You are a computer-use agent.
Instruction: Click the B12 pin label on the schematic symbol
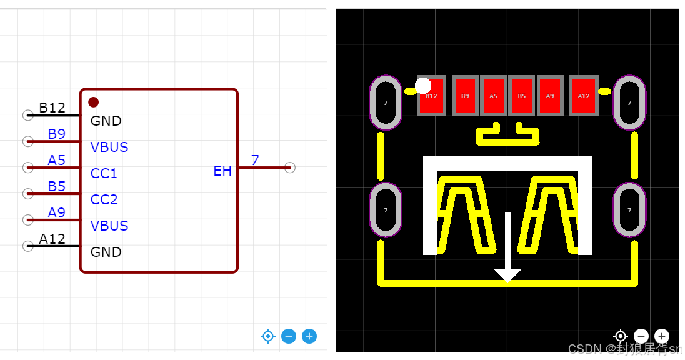click(52, 107)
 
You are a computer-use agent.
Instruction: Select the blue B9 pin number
click(56, 134)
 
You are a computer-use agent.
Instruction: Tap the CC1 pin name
click(104, 173)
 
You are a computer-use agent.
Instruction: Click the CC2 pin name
click(104, 199)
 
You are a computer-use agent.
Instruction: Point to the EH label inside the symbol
click(222, 171)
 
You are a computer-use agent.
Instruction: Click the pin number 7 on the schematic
click(255, 160)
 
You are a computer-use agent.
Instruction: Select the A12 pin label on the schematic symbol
click(52, 239)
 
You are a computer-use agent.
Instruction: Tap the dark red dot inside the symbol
click(93, 102)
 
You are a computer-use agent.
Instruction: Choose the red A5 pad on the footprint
click(493, 96)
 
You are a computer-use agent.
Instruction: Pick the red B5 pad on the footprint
click(521, 96)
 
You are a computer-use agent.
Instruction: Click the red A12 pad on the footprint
click(584, 96)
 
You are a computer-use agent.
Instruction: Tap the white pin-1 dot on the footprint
click(423, 85)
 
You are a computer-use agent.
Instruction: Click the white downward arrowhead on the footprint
click(507, 275)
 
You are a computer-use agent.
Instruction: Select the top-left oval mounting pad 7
click(386, 102)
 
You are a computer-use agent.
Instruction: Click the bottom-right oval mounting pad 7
click(629, 210)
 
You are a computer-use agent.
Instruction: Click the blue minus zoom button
click(289, 336)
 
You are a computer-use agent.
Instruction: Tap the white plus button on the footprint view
click(662, 336)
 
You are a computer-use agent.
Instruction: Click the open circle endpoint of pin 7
click(289, 167)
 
